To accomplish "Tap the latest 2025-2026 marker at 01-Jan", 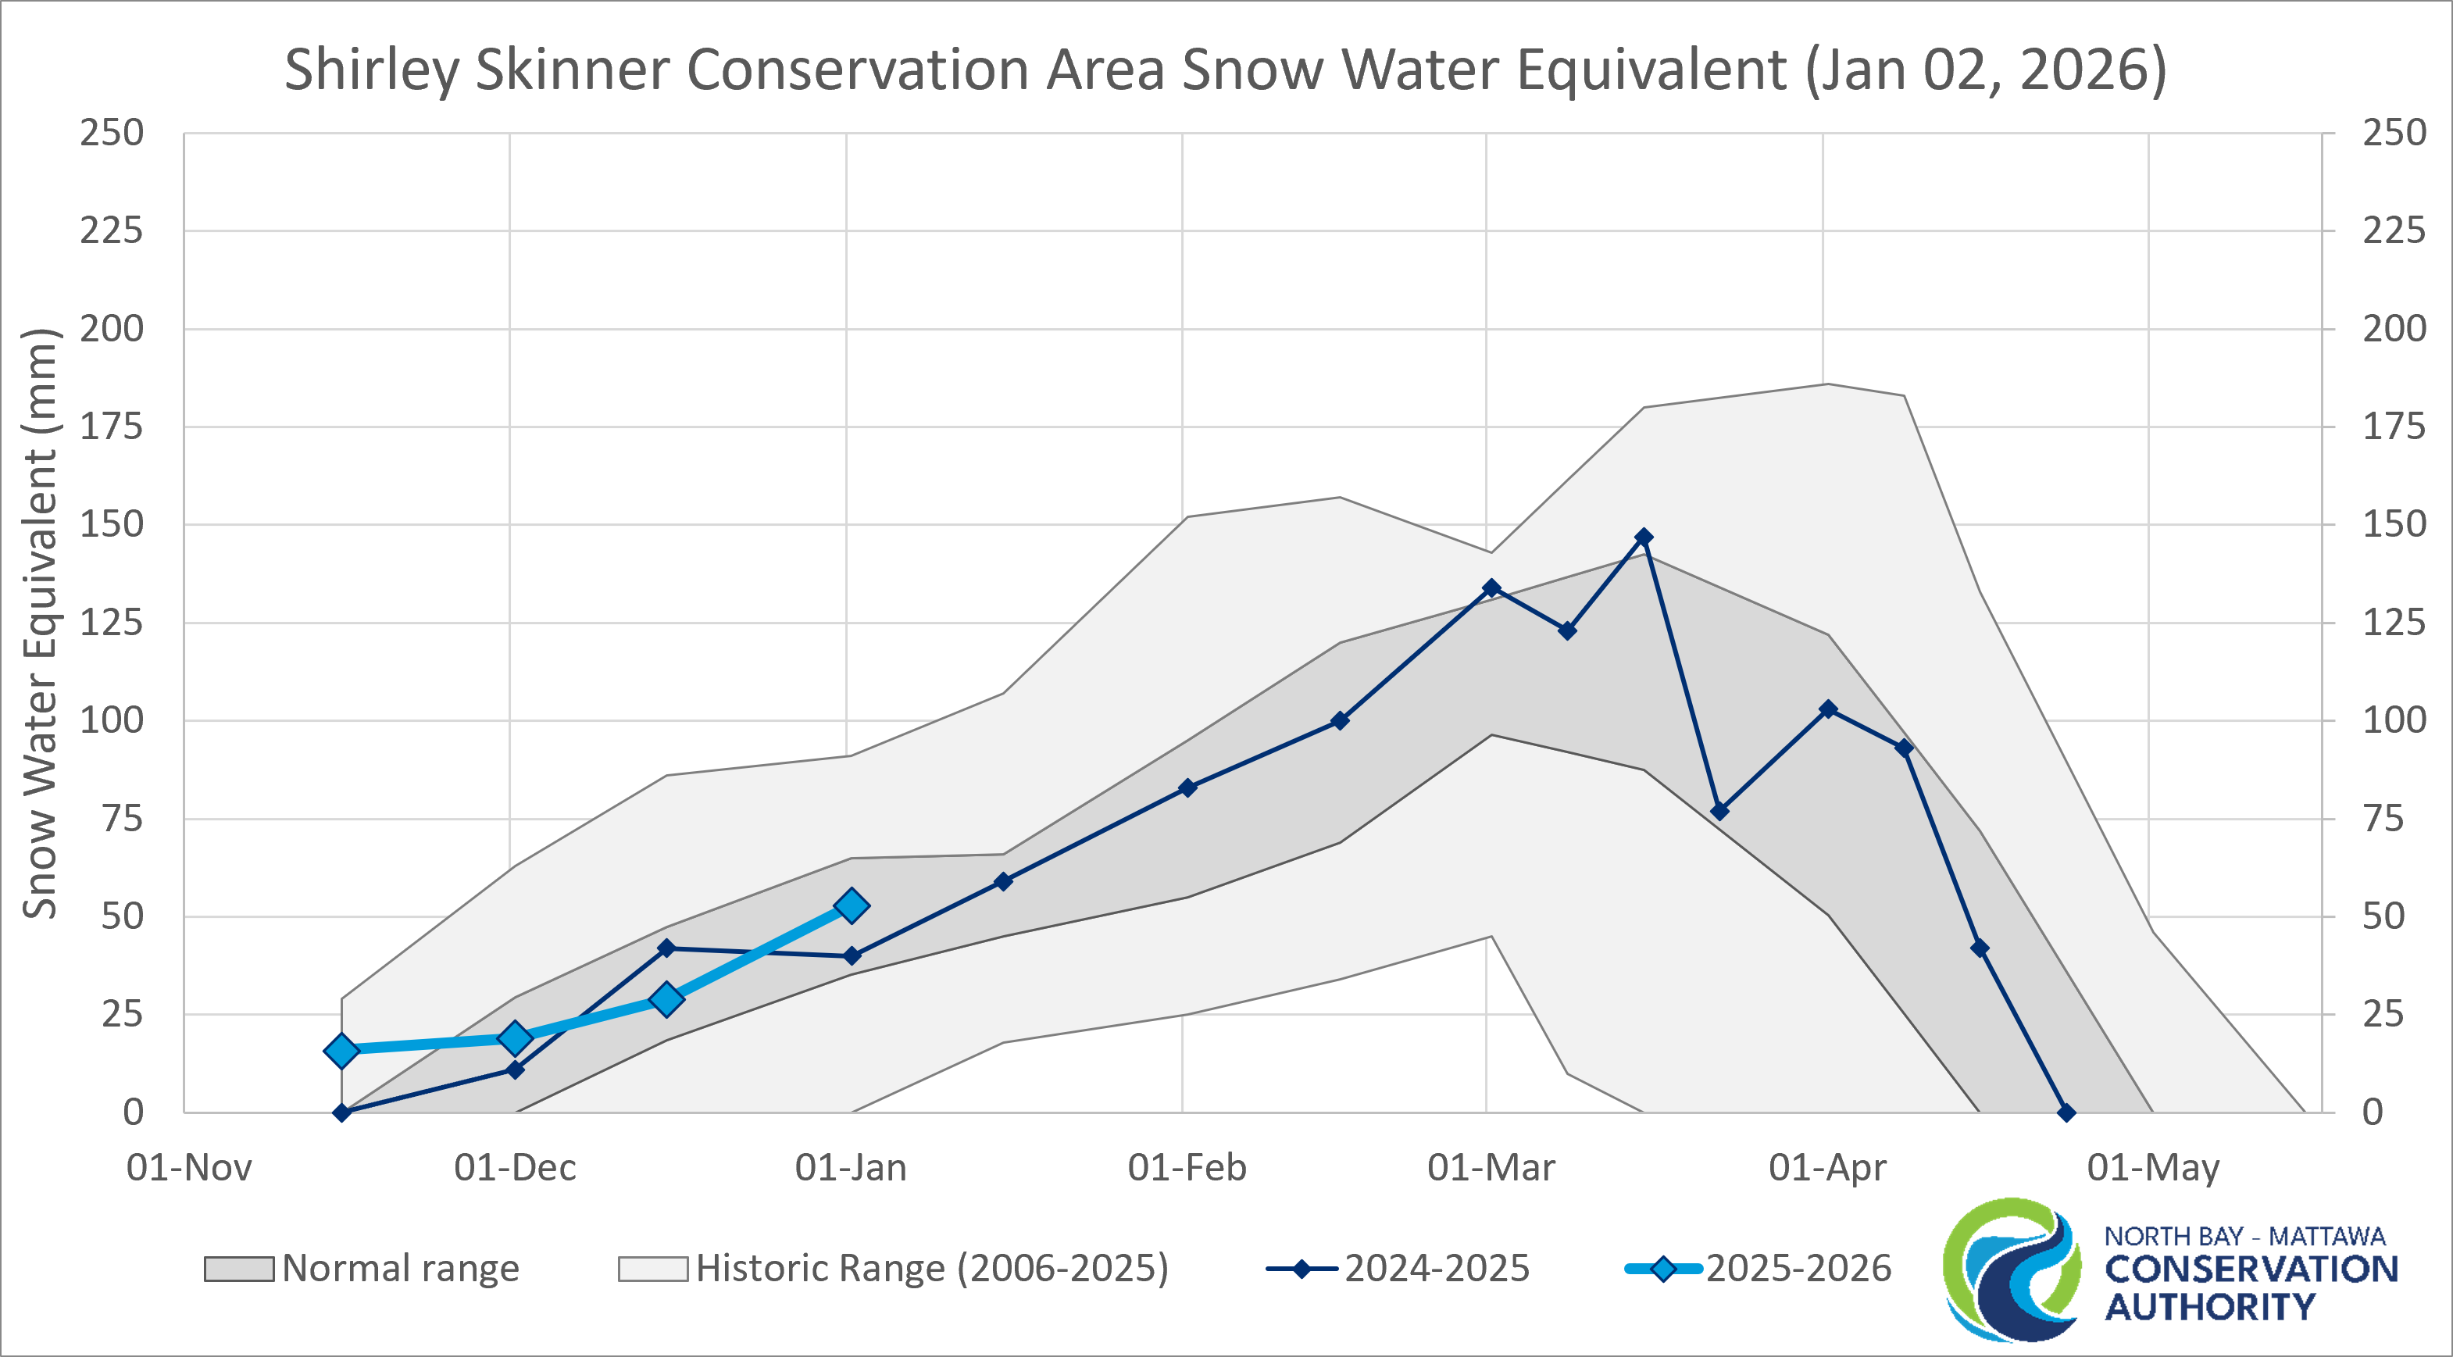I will pos(852,905).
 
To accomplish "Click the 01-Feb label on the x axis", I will pos(1187,1167).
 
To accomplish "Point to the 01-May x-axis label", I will pos(2153,1167).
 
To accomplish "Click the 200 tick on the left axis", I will pos(112,330).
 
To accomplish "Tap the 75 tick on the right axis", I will pos(2383,819).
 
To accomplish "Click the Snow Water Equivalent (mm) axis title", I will pos(41,623).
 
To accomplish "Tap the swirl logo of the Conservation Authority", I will pos(2011,1270).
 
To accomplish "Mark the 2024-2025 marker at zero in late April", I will pos(2066,1112).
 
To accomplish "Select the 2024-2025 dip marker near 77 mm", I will pos(1719,812).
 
